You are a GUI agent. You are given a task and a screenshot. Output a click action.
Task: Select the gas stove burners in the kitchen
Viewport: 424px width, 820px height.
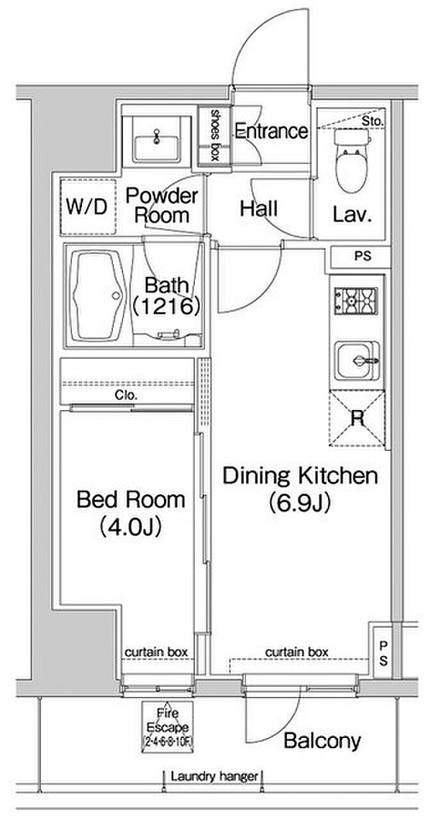tap(355, 301)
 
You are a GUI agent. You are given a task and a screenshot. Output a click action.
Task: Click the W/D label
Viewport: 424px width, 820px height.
tap(86, 206)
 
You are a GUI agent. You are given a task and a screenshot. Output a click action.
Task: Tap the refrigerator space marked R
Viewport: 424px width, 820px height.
tap(357, 418)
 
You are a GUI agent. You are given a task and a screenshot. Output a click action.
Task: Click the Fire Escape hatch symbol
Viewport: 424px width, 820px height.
tap(167, 727)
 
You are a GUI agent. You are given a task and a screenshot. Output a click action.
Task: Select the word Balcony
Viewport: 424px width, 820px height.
tap(322, 741)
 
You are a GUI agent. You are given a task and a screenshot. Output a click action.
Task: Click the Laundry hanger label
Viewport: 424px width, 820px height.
tap(214, 776)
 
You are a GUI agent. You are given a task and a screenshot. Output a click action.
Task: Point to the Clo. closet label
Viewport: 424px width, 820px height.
tap(126, 395)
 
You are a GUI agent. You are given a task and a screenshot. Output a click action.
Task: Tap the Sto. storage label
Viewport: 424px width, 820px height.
tap(372, 121)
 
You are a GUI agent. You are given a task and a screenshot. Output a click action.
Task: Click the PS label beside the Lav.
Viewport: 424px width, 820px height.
tap(363, 256)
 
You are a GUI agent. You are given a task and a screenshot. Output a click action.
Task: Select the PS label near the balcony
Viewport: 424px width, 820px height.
tap(383, 654)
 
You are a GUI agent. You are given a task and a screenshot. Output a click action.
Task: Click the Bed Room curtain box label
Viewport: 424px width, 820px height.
tap(156, 652)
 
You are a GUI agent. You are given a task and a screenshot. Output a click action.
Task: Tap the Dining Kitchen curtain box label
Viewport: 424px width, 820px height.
tap(297, 652)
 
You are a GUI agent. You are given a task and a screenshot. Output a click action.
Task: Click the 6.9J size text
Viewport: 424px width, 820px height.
tap(300, 503)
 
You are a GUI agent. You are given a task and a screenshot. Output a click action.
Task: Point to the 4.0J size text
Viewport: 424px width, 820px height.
tap(131, 527)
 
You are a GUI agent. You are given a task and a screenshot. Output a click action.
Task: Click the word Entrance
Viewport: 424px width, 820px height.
tap(271, 131)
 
